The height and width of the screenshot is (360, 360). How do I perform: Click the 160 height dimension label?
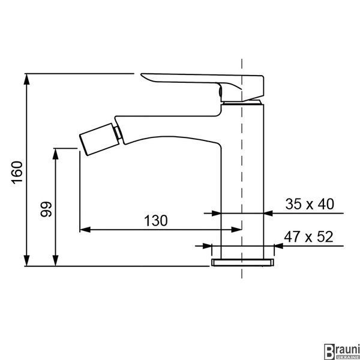pos(17,172)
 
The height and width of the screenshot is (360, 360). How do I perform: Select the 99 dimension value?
pos(46,209)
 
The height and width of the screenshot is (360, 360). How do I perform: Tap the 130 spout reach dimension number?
pos(156,221)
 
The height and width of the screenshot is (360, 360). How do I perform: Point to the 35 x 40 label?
pos(310,203)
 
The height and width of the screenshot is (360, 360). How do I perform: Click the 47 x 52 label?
pos(308,237)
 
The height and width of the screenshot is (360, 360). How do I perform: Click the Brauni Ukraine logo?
pos(341,352)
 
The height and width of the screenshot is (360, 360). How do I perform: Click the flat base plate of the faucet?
pos(242,262)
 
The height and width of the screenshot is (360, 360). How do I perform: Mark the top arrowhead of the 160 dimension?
pos(27,79)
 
